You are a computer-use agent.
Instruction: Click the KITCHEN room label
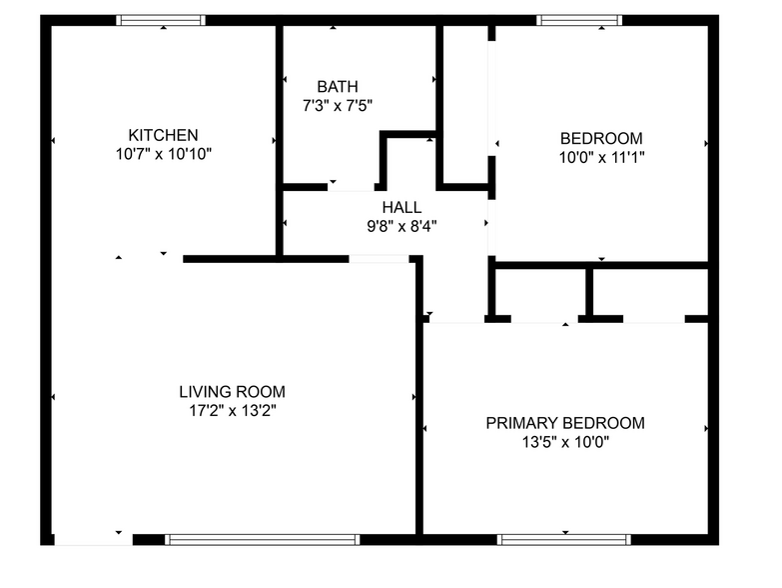[x=163, y=135]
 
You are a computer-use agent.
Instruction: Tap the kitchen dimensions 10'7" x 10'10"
[x=163, y=154]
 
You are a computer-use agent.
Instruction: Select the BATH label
[x=338, y=87]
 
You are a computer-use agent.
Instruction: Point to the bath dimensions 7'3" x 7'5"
[x=338, y=105]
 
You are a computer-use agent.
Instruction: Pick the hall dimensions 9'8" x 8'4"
[x=401, y=226]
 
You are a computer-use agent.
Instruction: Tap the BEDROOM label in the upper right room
[x=601, y=138]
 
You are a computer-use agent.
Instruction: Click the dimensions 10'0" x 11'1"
[x=601, y=157]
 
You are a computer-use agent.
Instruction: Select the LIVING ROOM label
[x=232, y=392]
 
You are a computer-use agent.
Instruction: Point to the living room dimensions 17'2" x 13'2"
[x=232, y=410]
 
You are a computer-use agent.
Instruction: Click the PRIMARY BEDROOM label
[x=565, y=423]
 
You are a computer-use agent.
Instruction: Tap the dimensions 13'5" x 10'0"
[x=565, y=442]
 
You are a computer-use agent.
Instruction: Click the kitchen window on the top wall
[x=162, y=20]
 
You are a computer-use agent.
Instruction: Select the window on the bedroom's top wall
[x=579, y=20]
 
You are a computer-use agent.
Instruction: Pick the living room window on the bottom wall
[x=262, y=540]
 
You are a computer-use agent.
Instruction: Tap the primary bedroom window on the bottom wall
[x=563, y=540]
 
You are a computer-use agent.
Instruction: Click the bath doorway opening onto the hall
[x=352, y=186]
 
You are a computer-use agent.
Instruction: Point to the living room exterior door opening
[x=92, y=540]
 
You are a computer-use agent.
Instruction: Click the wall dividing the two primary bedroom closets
[x=589, y=293]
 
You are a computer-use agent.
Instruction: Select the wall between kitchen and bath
[x=279, y=140]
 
